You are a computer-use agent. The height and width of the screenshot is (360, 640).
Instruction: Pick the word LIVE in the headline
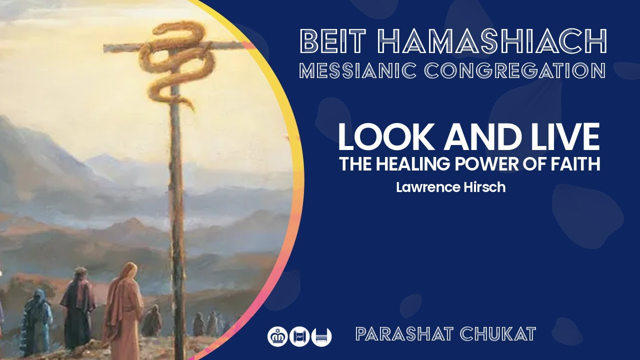coord(560,137)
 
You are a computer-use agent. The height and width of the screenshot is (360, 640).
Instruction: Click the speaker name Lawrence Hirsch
coord(450,187)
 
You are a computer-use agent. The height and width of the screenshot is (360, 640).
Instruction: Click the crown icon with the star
coord(277,335)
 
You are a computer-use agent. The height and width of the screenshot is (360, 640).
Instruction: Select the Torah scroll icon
coord(299,335)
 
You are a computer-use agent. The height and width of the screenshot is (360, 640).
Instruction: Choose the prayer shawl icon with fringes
coord(321,335)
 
